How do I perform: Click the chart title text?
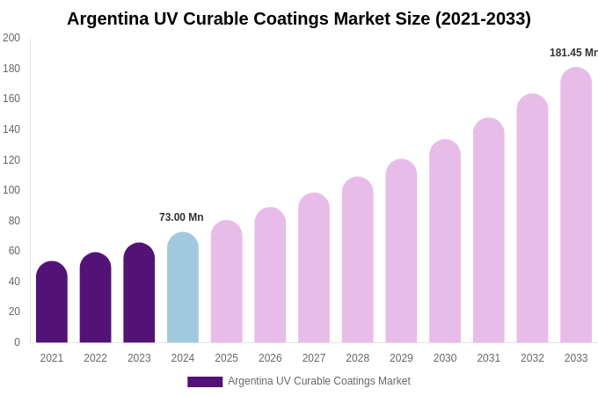pos(299,18)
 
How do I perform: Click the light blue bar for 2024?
pos(183,288)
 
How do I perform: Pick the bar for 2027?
pos(314,268)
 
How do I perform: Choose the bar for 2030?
pos(445,241)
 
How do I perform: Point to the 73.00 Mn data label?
pos(181,217)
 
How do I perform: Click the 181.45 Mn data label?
pos(573,53)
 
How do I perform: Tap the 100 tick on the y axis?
pos(11,190)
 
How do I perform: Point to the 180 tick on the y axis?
pos(11,69)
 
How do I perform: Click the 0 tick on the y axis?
pos(17,342)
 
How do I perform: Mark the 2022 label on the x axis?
pos(95,358)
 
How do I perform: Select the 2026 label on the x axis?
pos(270,358)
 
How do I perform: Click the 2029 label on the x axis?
pos(401,358)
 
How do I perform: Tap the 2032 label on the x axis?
pos(532,358)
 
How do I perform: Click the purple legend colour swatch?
pos(205,382)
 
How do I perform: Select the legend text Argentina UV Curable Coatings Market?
pos(319,381)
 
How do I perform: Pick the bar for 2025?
pos(227,282)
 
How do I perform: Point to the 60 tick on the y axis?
pos(14,251)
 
